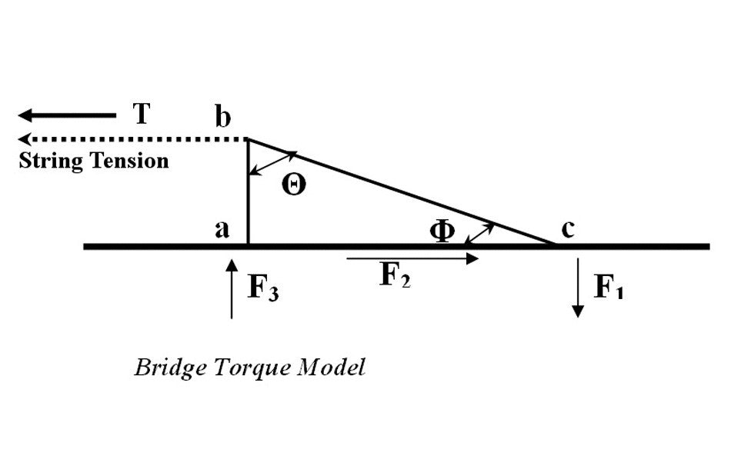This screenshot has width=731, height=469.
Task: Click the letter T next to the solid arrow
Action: click(141, 114)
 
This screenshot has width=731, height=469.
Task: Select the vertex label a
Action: click(222, 229)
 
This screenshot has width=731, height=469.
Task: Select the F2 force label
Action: click(396, 276)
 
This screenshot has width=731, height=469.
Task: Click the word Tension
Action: click(131, 161)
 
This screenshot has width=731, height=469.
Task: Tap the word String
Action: click(49, 161)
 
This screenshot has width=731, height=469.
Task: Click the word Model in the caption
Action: click(333, 367)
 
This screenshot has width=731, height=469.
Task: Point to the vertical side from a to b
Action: click(248, 192)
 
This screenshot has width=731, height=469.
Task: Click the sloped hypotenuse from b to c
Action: click(400, 192)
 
